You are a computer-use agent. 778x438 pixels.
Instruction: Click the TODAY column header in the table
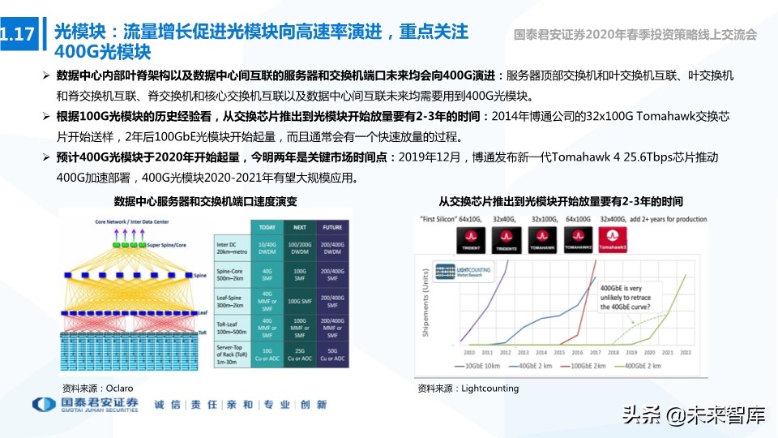click(x=267, y=227)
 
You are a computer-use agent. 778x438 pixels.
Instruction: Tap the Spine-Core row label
click(x=231, y=275)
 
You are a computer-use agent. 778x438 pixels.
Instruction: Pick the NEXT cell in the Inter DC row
click(x=300, y=247)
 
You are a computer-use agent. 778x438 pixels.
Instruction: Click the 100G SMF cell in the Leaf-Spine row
click(x=300, y=301)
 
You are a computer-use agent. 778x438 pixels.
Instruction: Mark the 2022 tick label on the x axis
click(x=686, y=353)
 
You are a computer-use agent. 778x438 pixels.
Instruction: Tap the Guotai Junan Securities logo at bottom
click(x=85, y=405)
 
